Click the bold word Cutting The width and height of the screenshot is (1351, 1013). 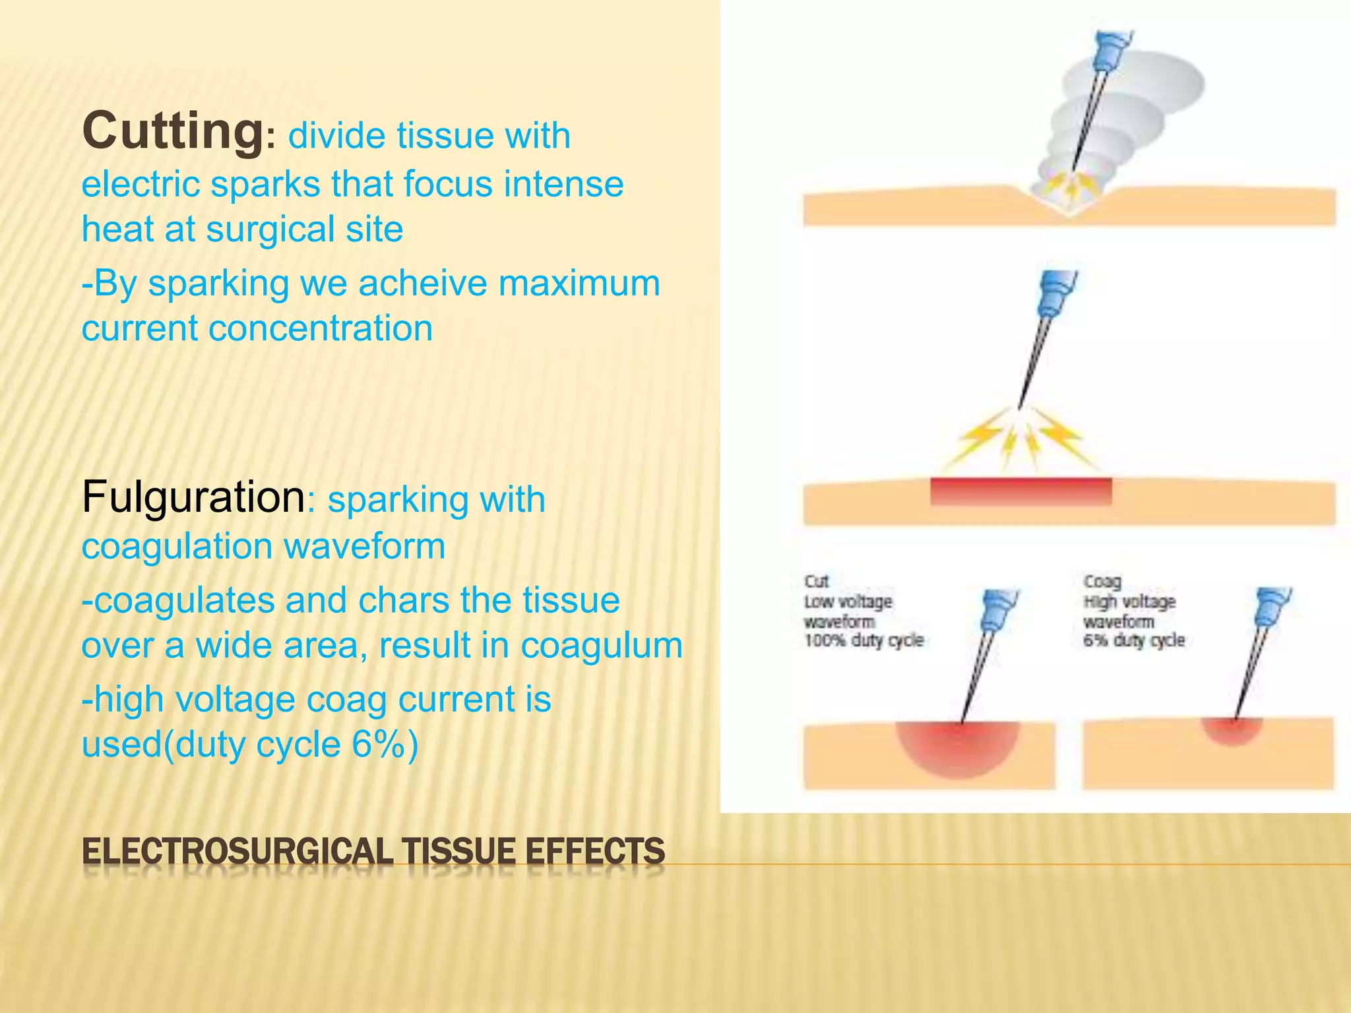(x=173, y=132)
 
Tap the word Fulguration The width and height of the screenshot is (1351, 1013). (x=193, y=497)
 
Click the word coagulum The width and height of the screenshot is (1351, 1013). (x=601, y=646)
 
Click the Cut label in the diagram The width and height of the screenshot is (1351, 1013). (x=816, y=581)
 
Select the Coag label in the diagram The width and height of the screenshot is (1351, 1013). (x=1102, y=581)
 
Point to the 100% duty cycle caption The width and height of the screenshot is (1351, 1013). (x=864, y=640)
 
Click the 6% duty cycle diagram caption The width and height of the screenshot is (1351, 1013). (x=1134, y=640)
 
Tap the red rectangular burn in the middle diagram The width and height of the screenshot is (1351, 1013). (x=1021, y=491)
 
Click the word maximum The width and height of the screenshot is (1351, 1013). (x=579, y=284)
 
